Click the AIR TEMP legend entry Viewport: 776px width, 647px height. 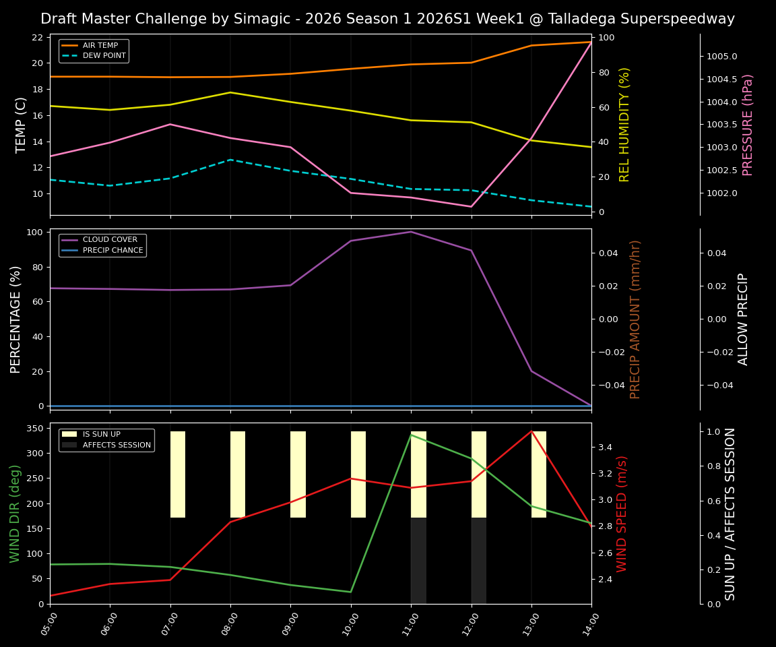(100, 45)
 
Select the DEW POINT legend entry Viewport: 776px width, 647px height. (104, 56)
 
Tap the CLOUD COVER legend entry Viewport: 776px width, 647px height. (109, 240)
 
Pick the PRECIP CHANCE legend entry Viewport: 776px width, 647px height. (112, 251)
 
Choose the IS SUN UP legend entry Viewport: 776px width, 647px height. (101, 435)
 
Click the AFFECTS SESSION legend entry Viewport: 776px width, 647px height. (116, 445)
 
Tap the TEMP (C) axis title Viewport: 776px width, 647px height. (21, 125)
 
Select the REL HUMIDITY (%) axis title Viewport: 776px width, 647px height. (624, 125)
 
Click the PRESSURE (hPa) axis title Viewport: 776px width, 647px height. (748, 125)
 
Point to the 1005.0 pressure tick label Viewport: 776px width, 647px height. (721, 57)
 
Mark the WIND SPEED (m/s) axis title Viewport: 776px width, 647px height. (622, 514)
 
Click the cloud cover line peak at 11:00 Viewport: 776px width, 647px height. (411, 232)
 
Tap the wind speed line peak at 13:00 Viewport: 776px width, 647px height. (531, 431)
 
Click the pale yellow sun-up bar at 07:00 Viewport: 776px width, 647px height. (178, 474)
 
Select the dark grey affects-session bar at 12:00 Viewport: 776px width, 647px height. (479, 561)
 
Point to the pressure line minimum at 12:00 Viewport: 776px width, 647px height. (471, 207)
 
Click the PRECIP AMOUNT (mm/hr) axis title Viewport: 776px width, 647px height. (635, 319)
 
